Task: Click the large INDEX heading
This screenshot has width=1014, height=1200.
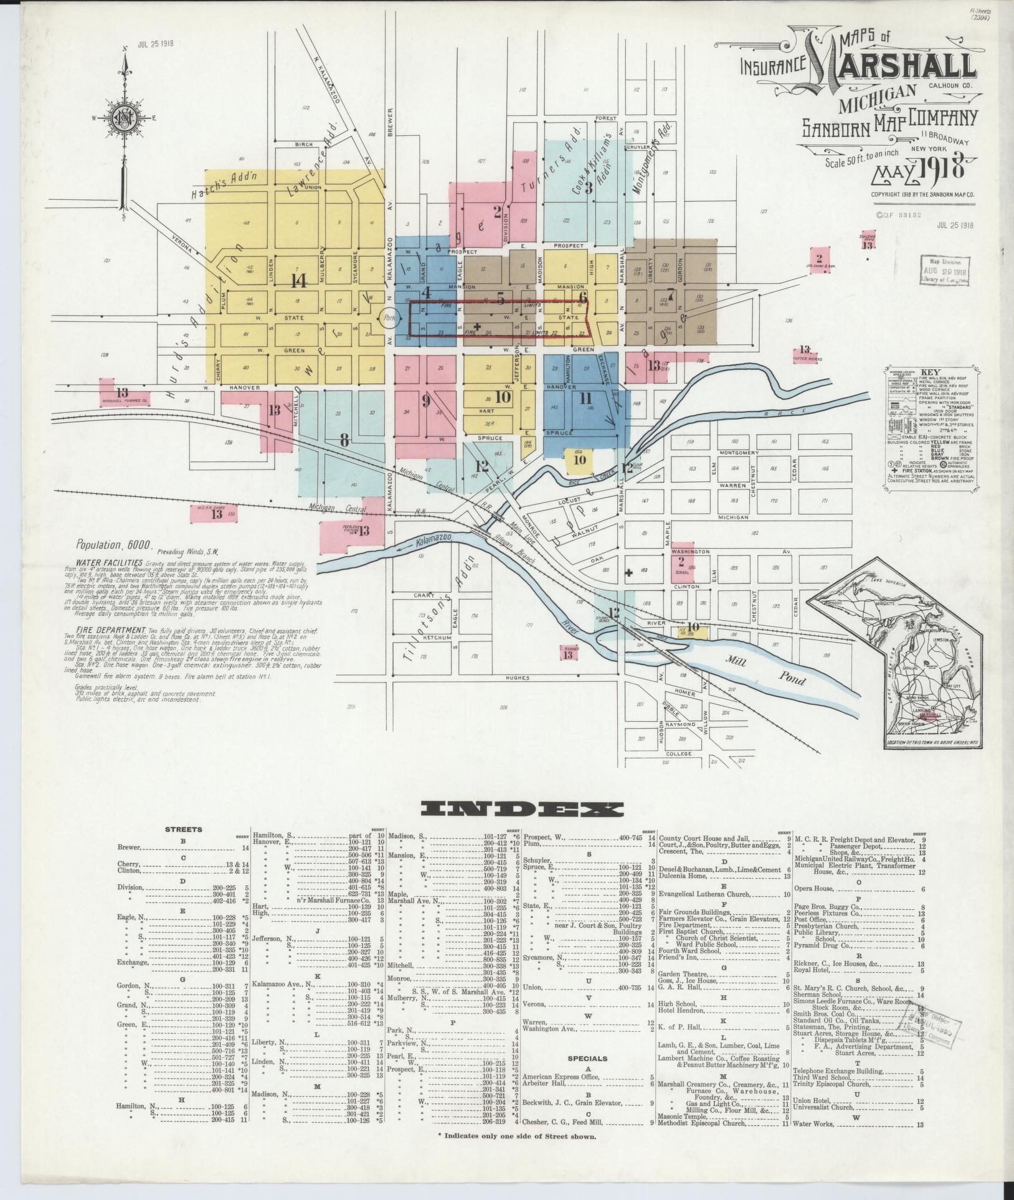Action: tap(522, 809)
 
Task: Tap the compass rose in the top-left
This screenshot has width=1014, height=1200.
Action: tap(125, 118)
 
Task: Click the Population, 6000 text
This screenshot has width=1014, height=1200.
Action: tap(114, 544)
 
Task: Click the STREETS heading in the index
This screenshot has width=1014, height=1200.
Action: tap(183, 829)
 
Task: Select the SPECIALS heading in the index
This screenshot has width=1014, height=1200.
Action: tap(587, 1058)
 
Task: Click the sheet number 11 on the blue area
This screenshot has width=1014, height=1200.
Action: tap(584, 398)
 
